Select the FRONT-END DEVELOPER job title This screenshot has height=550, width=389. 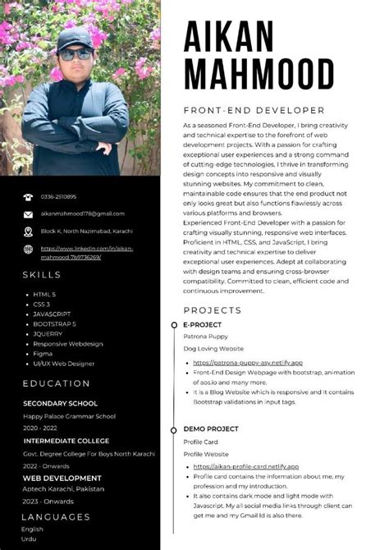254,110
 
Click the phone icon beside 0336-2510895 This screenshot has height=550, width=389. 28,197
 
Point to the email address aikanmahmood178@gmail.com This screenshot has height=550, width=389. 82,213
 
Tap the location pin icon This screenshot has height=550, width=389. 28,231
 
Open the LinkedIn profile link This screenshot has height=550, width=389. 86,252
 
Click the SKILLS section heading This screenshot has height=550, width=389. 42,274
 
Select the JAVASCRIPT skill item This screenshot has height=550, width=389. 52,314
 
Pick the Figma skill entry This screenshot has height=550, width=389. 43,353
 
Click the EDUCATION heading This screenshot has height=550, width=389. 57,383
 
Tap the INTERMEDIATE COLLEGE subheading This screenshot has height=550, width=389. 66,442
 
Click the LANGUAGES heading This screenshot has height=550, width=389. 56,516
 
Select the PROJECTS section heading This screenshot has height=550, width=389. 212,310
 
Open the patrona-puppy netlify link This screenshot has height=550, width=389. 248,362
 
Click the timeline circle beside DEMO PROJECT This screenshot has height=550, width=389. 174,429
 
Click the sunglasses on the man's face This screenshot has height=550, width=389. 76,55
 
